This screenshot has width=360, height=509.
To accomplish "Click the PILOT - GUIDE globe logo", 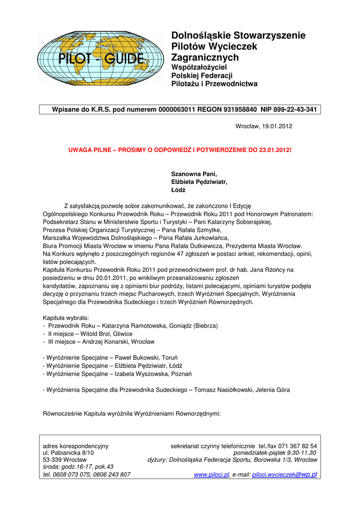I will click(100, 58).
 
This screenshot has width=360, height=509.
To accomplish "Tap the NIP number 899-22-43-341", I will click(292, 110).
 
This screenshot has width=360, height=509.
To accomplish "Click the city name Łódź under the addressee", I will click(178, 190).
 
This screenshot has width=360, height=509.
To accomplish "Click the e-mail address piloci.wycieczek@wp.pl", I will click(284, 475).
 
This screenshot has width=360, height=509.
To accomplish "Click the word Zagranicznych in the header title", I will click(205, 58).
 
